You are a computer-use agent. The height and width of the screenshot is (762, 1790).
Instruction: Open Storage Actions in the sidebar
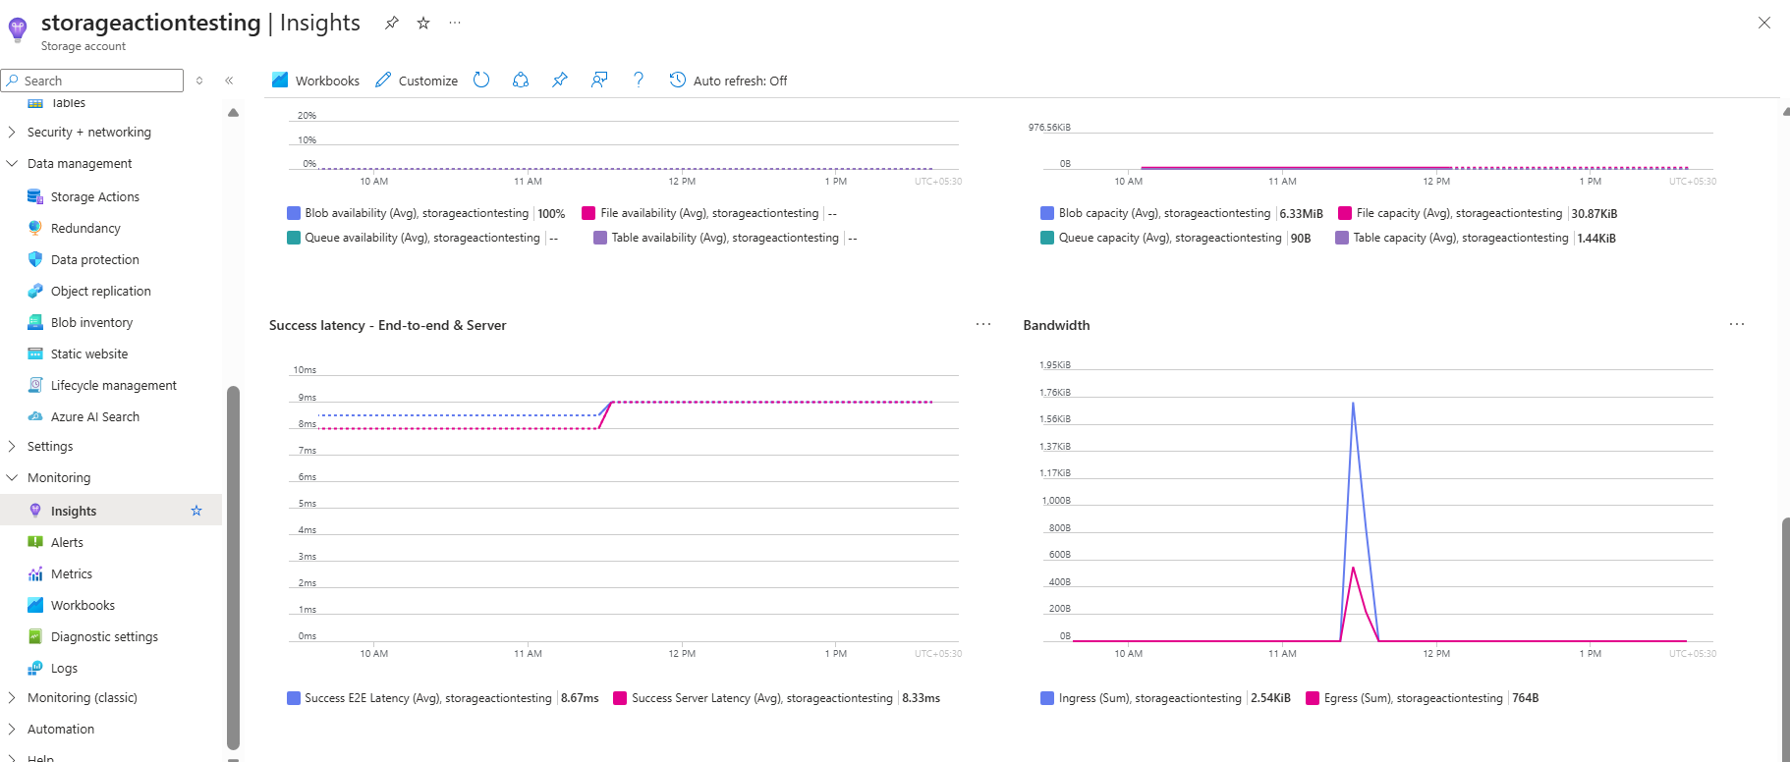click(x=94, y=196)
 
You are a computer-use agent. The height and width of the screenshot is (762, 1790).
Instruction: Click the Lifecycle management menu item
click(x=113, y=385)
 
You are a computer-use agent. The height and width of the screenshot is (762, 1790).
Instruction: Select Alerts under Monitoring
click(x=67, y=542)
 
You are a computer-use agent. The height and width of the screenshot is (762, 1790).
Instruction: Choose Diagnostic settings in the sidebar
click(x=104, y=636)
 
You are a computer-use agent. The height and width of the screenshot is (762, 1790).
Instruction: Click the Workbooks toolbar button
click(x=315, y=81)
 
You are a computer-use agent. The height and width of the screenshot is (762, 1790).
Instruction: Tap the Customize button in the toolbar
click(x=417, y=81)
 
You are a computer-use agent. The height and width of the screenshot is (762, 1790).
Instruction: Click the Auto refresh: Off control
click(x=728, y=81)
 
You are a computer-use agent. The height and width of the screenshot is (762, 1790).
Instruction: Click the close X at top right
click(x=1763, y=23)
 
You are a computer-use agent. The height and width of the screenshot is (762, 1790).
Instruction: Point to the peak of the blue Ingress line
click(x=1353, y=404)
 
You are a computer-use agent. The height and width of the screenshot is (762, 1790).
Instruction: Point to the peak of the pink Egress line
click(x=1353, y=568)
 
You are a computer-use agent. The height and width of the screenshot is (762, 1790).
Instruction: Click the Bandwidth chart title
click(x=1056, y=325)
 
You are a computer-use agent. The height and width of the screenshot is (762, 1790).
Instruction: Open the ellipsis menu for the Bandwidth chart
click(x=1736, y=324)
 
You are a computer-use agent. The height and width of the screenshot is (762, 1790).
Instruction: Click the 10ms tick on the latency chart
click(x=305, y=370)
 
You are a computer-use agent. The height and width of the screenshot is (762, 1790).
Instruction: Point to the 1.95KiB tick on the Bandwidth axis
click(x=1055, y=365)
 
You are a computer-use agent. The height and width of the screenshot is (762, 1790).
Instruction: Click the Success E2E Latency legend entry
click(x=427, y=698)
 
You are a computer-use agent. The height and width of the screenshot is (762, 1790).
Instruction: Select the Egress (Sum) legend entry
click(x=1413, y=698)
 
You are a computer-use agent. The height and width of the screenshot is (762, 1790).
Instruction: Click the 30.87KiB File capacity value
click(x=1594, y=213)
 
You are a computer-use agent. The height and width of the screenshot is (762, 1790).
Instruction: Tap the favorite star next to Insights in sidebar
click(x=196, y=511)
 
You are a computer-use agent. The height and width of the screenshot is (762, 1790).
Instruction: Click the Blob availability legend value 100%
click(x=551, y=213)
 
